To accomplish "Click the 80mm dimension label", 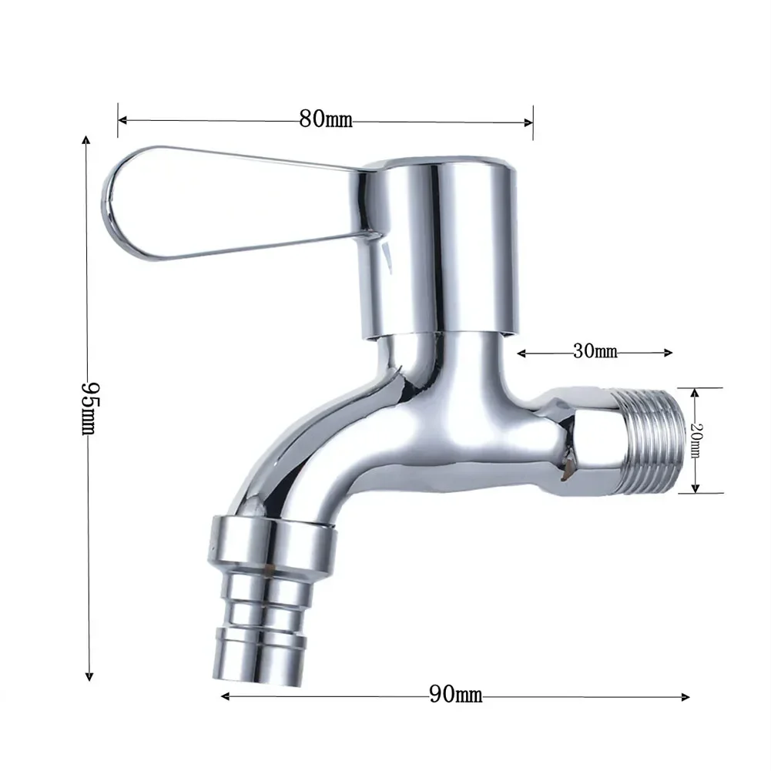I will [x=325, y=120].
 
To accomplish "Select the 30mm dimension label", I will [x=595, y=353].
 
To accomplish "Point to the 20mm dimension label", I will [x=695, y=441].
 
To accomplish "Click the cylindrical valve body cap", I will [x=439, y=246].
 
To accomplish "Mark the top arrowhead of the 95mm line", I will [x=87, y=140].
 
